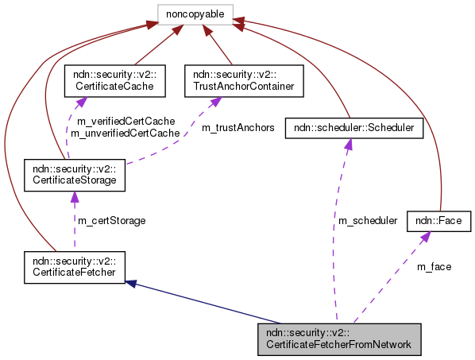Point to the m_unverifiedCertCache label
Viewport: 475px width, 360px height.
[126, 134]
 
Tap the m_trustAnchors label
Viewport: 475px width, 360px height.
[237, 127]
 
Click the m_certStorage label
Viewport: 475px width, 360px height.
[111, 220]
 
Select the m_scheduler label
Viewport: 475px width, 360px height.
[368, 220]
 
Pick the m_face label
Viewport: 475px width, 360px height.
[434, 266]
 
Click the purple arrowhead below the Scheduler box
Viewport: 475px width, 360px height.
[347, 143]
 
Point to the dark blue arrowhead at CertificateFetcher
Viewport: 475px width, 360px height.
[132, 281]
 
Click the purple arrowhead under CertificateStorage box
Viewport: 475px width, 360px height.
[74, 194]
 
